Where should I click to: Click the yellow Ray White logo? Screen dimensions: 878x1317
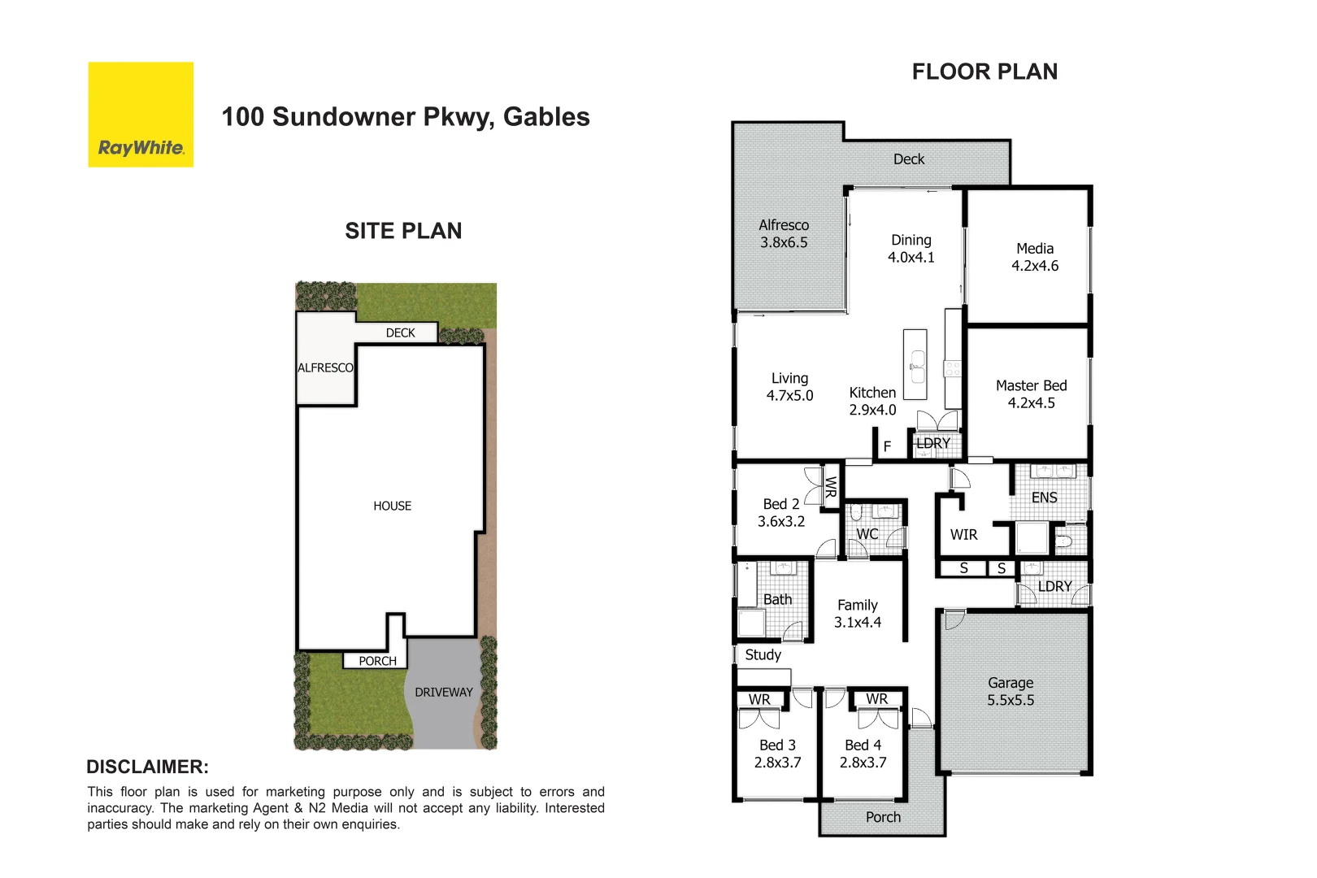[x=141, y=115]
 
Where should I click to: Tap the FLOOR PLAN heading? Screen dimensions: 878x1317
[x=984, y=72]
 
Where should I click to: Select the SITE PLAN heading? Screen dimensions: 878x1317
[x=403, y=232]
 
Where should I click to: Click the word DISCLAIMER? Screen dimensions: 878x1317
[x=147, y=767]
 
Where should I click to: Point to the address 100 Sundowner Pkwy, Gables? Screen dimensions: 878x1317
[x=406, y=117]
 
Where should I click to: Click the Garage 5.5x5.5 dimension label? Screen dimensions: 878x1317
[x=1011, y=700]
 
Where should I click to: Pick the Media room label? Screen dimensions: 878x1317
[x=1034, y=249]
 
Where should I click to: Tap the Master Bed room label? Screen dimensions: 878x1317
[x=1031, y=386]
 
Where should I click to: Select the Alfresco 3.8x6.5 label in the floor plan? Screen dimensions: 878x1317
[x=784, y=233]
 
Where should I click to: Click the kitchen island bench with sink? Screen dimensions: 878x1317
[x=915, y=364]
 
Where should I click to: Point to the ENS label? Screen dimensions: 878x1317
[x=1044, y=498]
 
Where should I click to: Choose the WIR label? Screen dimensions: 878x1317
[x=963, y=535]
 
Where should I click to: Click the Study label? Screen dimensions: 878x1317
[x=763, y=655]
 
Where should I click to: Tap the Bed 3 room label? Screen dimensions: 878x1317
[x=777, y=745]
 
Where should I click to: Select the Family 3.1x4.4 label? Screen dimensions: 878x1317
[x=858, y=614]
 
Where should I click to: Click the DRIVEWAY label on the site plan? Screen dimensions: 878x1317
[x=443, y=693]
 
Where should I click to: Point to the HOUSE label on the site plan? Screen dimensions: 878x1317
[x=392, y=506]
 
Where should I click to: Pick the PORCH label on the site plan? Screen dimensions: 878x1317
[x=377, y=661]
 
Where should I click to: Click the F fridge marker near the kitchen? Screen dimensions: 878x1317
[x=887, y=446]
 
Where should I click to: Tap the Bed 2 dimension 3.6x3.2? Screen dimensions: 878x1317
[x=781, y=522]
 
